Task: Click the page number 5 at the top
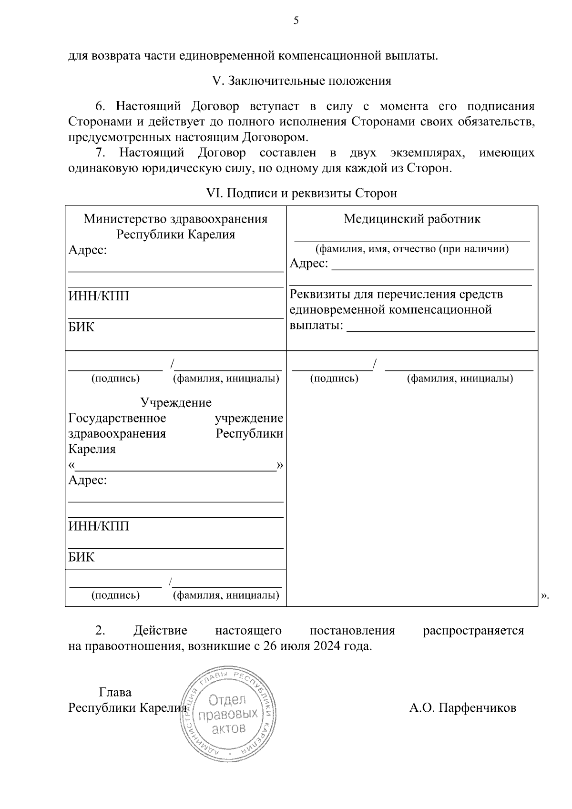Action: tap(296, 20)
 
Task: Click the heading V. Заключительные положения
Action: tap(301, 81)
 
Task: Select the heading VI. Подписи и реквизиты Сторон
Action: tap(301, 194)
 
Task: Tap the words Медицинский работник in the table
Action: tap(412, 219)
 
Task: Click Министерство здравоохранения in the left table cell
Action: tap(175, 219)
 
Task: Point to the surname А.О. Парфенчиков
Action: tap(462, 708)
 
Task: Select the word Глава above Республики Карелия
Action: tap(115, 692)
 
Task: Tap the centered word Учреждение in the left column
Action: tap(175, 403)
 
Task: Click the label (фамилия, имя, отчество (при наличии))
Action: tap(412, 249)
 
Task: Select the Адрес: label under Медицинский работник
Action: tap(309, 264)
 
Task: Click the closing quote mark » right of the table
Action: tap(545, 595)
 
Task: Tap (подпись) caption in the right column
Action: tap(334, 379)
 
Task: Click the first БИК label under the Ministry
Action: tap(81, 328)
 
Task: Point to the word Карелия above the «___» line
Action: tap(92, 450)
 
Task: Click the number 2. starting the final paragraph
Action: tap(100, 631)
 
